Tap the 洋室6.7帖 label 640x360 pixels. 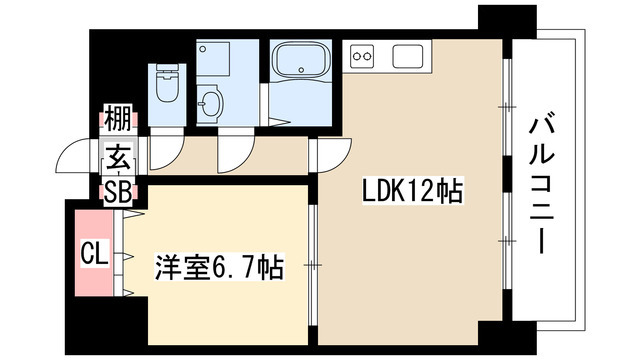[x=217, y=267]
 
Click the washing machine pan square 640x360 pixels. [x=228, y=56]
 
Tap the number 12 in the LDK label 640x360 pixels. [x=414, y=191]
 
